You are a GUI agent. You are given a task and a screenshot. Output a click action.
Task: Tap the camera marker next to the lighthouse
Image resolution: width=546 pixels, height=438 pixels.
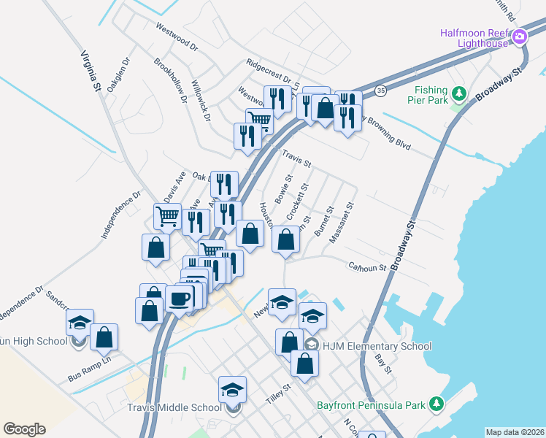coord(520,36)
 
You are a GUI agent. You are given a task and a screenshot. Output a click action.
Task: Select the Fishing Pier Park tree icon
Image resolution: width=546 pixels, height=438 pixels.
coord(459,93)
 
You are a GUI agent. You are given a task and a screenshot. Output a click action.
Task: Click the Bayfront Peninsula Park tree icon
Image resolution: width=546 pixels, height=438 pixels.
coord(437,404)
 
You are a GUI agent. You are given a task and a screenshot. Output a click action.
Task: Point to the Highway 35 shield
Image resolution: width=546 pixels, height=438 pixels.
coord(381,90)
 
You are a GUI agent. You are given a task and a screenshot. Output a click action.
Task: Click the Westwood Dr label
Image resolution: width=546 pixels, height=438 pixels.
coord(177,36)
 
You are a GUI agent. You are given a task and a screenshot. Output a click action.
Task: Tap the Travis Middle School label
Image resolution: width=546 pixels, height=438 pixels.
coord(174,407)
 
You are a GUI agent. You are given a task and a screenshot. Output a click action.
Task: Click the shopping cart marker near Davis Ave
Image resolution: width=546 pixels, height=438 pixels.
coord(168,215)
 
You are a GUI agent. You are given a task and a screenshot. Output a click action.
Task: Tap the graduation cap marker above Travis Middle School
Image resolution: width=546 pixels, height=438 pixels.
coord(232,388)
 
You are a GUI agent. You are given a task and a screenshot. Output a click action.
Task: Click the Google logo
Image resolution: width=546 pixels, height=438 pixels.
coord(25,429)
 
